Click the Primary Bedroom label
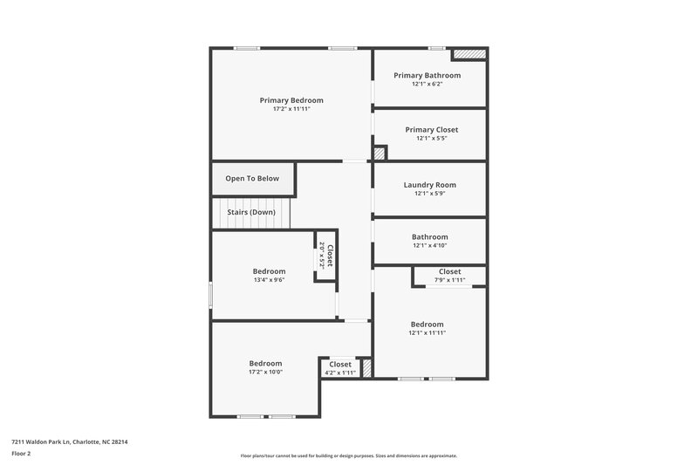(291, 100)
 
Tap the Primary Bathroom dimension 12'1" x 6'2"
(427, 85)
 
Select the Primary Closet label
(431, 129)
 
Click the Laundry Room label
(430, 184)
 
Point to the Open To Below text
(252, 178)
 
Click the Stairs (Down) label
(251, 212)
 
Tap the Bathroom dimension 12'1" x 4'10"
(429, 246)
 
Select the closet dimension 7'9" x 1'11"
(449, 280)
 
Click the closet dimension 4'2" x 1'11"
(340, 373)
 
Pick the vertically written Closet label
(330, 254)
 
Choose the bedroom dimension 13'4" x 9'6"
(269, 280)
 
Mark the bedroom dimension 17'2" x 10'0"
(265, 372)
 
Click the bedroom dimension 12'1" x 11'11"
(427, 332)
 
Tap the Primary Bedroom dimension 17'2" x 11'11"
(291, 109)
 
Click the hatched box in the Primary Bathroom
(469, 55)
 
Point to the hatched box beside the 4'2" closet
(367, 368)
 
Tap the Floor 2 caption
(22, 454)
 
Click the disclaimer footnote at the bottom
(348, 455)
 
